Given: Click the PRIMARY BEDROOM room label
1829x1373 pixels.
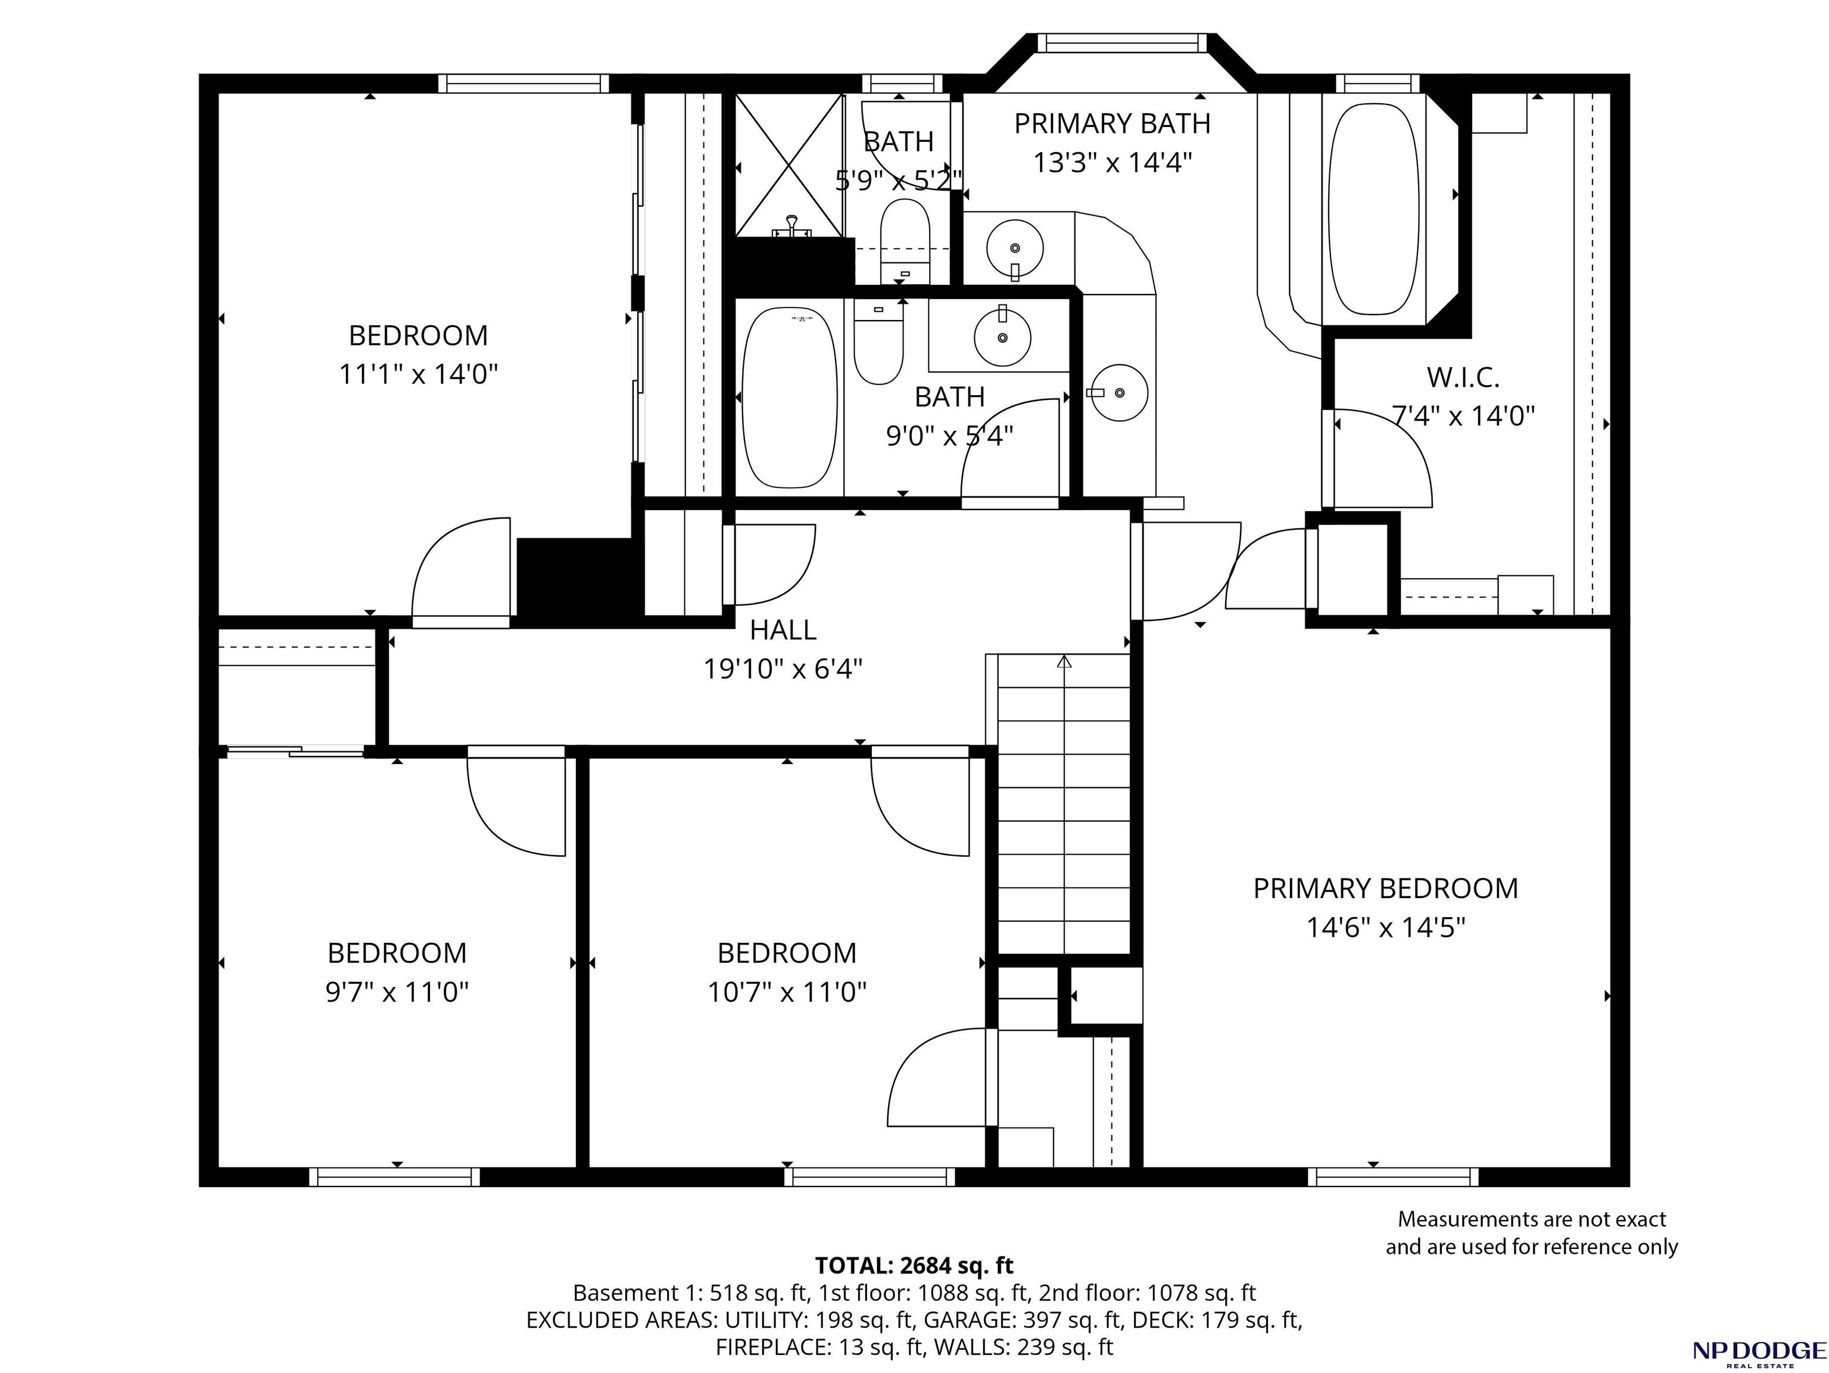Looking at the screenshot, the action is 1386,889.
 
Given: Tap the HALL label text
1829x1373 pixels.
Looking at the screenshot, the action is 783,630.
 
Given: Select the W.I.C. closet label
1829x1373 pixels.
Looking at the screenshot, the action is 1463,378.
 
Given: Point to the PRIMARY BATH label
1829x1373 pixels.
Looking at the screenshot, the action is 1112,123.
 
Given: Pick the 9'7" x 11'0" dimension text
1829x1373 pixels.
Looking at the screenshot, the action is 397,991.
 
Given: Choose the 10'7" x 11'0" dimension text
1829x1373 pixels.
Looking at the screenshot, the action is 787,991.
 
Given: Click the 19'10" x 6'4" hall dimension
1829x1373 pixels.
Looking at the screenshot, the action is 783,668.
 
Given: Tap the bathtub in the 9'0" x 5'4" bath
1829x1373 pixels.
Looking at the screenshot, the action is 790,398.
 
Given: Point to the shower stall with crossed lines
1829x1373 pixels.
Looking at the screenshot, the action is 790,166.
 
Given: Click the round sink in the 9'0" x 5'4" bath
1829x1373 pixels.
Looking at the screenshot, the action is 1002,337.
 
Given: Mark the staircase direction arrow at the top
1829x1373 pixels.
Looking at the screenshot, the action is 1064,661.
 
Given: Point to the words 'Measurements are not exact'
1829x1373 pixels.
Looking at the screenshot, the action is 1531,1219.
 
